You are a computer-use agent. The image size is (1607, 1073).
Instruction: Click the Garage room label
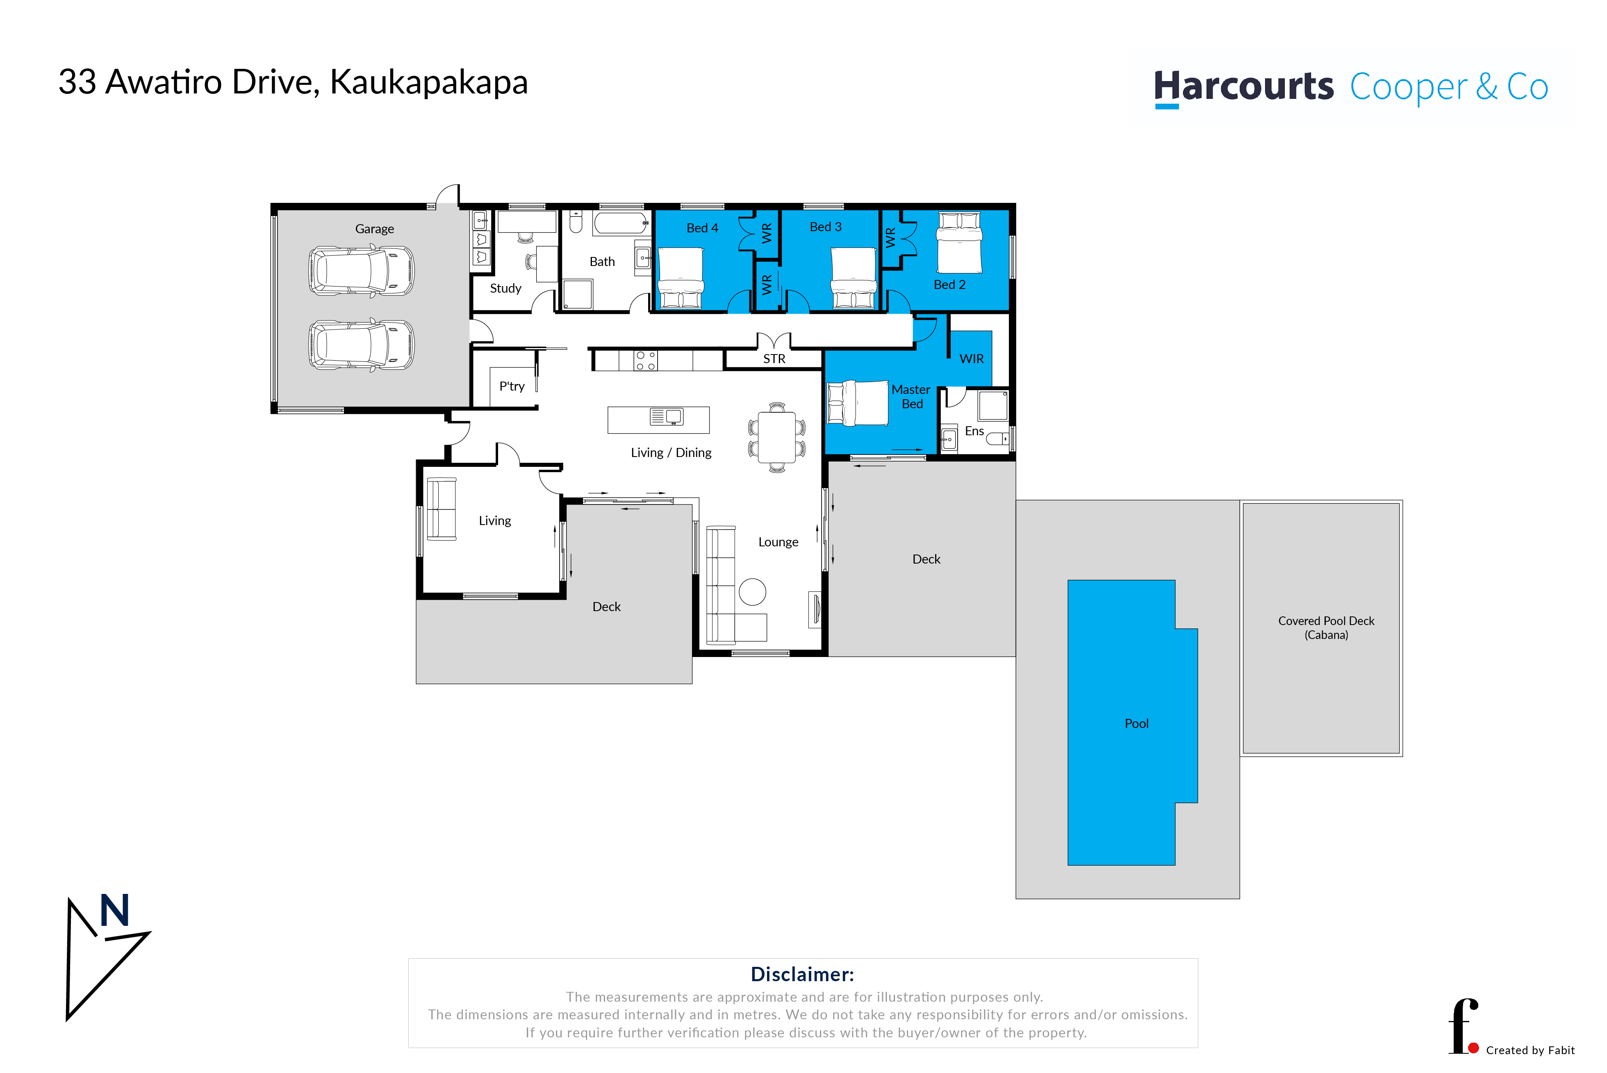(374, 229)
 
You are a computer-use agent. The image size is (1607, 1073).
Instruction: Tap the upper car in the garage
(361, 271)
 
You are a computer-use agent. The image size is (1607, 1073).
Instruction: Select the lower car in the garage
(361, 345)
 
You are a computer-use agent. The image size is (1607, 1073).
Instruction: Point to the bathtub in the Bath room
(621, 223)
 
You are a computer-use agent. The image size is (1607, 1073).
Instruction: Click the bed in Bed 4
(681, 278)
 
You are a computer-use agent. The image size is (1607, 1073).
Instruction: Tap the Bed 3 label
(825, 227)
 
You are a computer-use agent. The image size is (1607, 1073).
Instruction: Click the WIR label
(971, 359)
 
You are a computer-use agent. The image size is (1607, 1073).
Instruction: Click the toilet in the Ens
(997, 439)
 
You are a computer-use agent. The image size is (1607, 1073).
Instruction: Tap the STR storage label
(774, 359)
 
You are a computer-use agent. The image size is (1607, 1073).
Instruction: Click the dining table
(777, 437)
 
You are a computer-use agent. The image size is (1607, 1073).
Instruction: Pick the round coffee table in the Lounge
(752, 592)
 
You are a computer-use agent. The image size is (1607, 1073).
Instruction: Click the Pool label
(1136, 723)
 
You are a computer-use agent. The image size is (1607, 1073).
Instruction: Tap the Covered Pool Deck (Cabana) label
(1326, 627)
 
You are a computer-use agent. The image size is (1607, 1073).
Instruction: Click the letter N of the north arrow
(114, 910)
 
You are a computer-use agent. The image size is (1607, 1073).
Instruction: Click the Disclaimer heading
(802, 974)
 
